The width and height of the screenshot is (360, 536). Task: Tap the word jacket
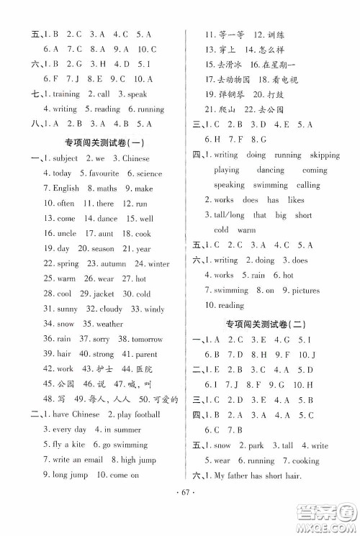point(103,294)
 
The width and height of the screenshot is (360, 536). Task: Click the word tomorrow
point(147,339)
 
